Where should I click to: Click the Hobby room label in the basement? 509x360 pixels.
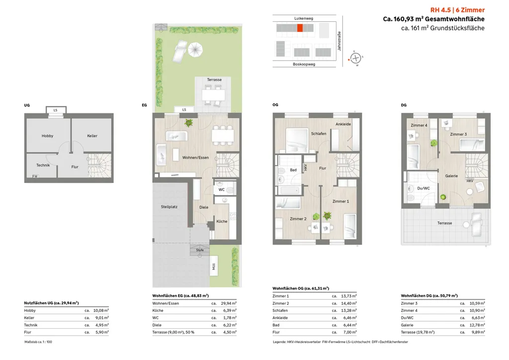tap(47, 136)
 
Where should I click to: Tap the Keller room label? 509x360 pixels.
tap(92, 136)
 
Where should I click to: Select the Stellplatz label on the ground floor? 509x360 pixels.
tap(169, 206)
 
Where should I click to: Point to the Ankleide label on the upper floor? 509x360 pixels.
tap(343, 124)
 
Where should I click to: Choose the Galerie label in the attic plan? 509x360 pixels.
tap(451, 176)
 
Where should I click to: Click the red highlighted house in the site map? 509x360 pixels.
tap(299, 28)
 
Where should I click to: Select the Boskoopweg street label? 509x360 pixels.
tap(304, 64)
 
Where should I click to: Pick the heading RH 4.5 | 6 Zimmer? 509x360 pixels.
tap(457, 10)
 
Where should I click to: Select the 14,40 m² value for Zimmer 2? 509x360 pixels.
tap(348, 303)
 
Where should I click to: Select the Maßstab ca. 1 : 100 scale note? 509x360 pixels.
tap(39, 342)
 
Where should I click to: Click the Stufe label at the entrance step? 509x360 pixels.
tap(200, 250)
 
